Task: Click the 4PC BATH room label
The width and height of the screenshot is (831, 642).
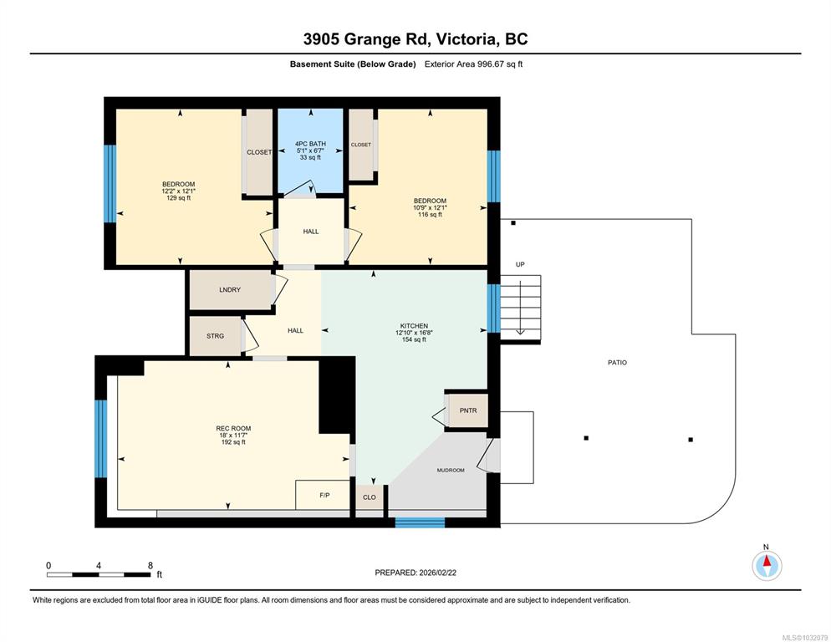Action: (x=310, y=144)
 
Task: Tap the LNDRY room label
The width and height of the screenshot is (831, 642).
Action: (x=230, y=289)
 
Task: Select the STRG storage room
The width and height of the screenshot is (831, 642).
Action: (x=216, y=336)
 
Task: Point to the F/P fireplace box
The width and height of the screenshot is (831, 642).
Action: (x=323, y=495)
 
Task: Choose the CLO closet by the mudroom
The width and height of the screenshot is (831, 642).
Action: (x=370, y=497)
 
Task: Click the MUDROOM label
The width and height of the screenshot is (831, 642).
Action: (x=451, y=471)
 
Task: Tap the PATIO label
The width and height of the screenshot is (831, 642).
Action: (x=617, y=363)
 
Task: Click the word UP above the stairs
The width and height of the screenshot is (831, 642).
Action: (x=520, y=264)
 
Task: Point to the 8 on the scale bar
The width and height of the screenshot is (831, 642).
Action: (x=150, y=565)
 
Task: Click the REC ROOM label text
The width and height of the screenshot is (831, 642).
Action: (x=233, y=428)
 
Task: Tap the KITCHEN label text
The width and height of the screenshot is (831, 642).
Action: (x=414, y=326)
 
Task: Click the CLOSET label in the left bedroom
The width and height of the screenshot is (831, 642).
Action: (x=259, y=152)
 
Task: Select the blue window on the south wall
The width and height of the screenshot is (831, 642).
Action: (x=421, y=522)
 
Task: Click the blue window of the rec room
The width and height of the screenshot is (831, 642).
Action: (x=100, y=439)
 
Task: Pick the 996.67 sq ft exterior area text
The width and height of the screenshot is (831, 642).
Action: (x=500, y=64)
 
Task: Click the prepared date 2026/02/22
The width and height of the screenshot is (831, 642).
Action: (x=437, y=573)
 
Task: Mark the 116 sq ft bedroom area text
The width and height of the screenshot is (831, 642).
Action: (x=430, y=215)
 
